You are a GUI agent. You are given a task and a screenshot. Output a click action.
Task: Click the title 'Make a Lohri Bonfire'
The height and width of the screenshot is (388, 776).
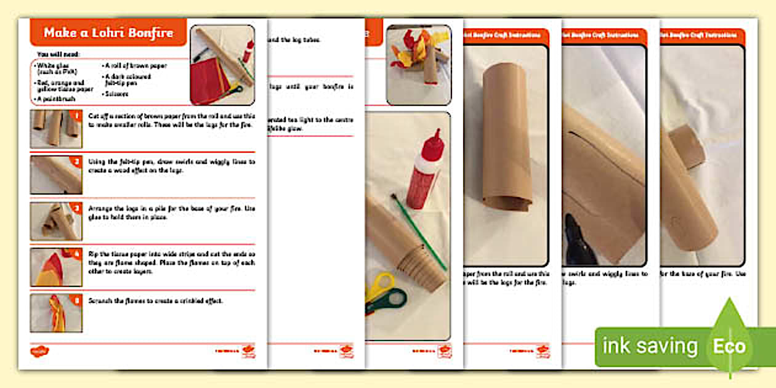[x=108, y=33]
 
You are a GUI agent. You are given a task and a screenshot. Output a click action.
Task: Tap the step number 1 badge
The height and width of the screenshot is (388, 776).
[x=77, y=115]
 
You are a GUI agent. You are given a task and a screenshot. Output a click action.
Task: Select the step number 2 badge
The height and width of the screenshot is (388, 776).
[x=77, y=161]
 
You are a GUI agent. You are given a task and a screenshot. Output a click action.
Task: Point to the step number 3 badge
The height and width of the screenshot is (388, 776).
[x=77, y=208]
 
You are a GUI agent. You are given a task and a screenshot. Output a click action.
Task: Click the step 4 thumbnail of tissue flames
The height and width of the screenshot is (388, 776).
[x=56, y=267]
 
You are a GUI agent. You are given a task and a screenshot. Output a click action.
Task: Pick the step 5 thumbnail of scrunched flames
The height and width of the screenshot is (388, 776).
[x=56, y=313]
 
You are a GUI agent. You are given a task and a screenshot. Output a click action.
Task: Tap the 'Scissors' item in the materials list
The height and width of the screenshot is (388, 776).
[x=116, y=94]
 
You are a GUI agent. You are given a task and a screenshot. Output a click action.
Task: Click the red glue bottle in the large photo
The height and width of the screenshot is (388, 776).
[x=425, y=169]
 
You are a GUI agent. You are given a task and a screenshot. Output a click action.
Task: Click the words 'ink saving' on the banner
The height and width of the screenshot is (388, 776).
[x=650, y=346]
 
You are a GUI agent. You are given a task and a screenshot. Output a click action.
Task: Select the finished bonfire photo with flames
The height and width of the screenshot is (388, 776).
[x=418, y=65]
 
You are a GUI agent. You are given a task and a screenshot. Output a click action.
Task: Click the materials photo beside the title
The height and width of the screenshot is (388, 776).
[x=222, y=65]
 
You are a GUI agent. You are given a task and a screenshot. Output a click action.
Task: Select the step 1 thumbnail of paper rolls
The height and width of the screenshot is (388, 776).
[x=56, y=129]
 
